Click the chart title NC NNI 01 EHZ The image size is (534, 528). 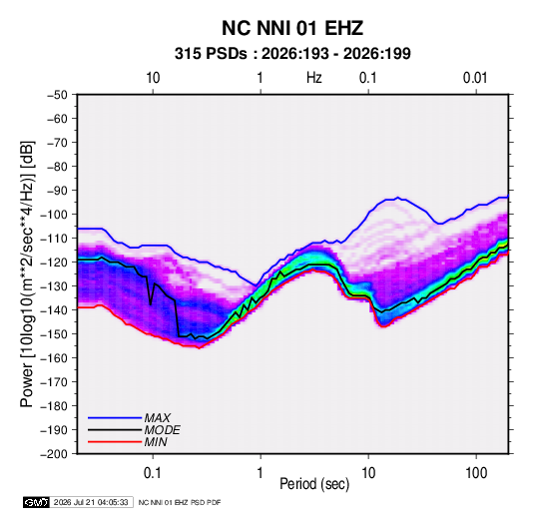(x=292, y=28)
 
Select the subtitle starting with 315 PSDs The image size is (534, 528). (x=292, y=54)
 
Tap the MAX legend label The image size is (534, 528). (x=157, y=418)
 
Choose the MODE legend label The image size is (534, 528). (x=162, y=430)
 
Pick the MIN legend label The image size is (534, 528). (x=156, y=442)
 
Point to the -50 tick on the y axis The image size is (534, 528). (x=57, y=95)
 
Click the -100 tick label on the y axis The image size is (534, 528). (x=54, y=215)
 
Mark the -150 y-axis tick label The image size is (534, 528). (x=54, y=334)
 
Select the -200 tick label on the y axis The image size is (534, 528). (x=54, y=454)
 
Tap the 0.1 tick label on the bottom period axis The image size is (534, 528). (x=153, y=473)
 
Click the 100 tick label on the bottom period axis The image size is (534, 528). (x=476, y=473)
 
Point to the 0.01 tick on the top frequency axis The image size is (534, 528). (x=475, y=78)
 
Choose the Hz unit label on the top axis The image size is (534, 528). (x=314, y=78)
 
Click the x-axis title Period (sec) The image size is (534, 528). (x=314, y=484)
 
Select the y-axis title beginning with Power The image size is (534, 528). (x=27, y=274)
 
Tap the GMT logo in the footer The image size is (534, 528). (x=37, y=502)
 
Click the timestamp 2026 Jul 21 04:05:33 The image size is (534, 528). (x=91, y=502)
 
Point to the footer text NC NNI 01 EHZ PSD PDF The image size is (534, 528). (x=180, y=502)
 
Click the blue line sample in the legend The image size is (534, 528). (x=115, y=418)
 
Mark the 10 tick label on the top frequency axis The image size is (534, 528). (x=153, y=78)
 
